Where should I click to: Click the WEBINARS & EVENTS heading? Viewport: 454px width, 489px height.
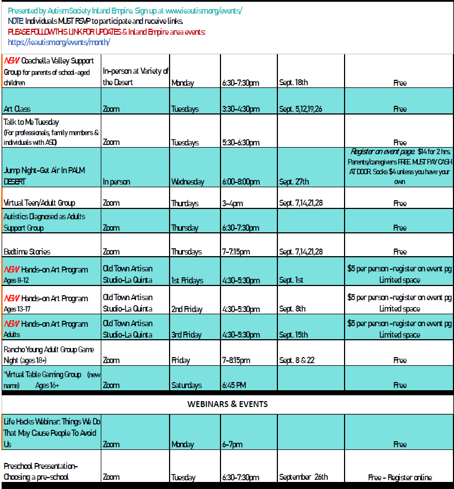point(227,404)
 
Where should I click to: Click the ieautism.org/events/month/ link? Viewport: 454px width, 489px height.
point(60,42)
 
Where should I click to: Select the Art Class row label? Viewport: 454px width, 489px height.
point(17,109)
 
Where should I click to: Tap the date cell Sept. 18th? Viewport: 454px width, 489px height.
point(294,83)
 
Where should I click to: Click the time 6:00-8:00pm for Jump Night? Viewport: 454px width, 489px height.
point(241,182)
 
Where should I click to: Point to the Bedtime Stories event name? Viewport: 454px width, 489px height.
point(27,252)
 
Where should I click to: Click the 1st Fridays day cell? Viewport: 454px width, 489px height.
point(187,281)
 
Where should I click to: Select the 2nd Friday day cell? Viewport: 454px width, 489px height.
point(187,309)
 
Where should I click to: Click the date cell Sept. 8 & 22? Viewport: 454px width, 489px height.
point(297,360)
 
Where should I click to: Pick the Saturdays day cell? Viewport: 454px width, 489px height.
point(186,385)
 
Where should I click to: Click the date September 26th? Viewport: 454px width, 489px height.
point(303,478)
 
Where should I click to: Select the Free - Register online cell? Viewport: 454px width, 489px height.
point(400,478)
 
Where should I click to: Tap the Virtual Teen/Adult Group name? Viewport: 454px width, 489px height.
point(40,203)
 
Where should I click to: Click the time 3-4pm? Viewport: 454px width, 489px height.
point(232,204)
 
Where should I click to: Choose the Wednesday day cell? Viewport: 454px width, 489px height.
point(188,182)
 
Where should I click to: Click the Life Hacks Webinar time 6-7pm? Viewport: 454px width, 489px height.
point(232,444)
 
